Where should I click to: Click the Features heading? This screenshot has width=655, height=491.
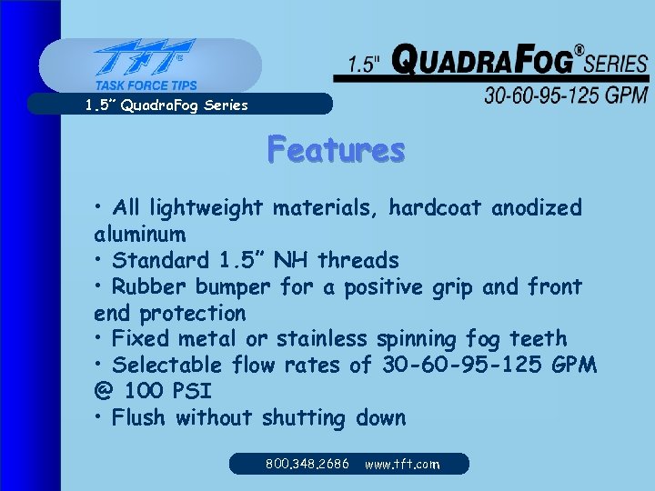coord(336,149)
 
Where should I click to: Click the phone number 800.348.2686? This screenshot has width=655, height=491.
coord(307,464)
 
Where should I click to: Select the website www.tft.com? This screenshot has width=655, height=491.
coord(402,464)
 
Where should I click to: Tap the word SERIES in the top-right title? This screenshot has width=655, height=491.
coord(618,64)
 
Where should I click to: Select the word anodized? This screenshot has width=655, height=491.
coord(537,208)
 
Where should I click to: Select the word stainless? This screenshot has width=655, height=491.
coord(322,339)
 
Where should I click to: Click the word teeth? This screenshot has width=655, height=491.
coord(538,339)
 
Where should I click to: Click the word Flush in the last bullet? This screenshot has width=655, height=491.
coord(140,418)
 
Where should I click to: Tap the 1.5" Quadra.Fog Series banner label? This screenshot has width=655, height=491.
coord(166,105)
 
